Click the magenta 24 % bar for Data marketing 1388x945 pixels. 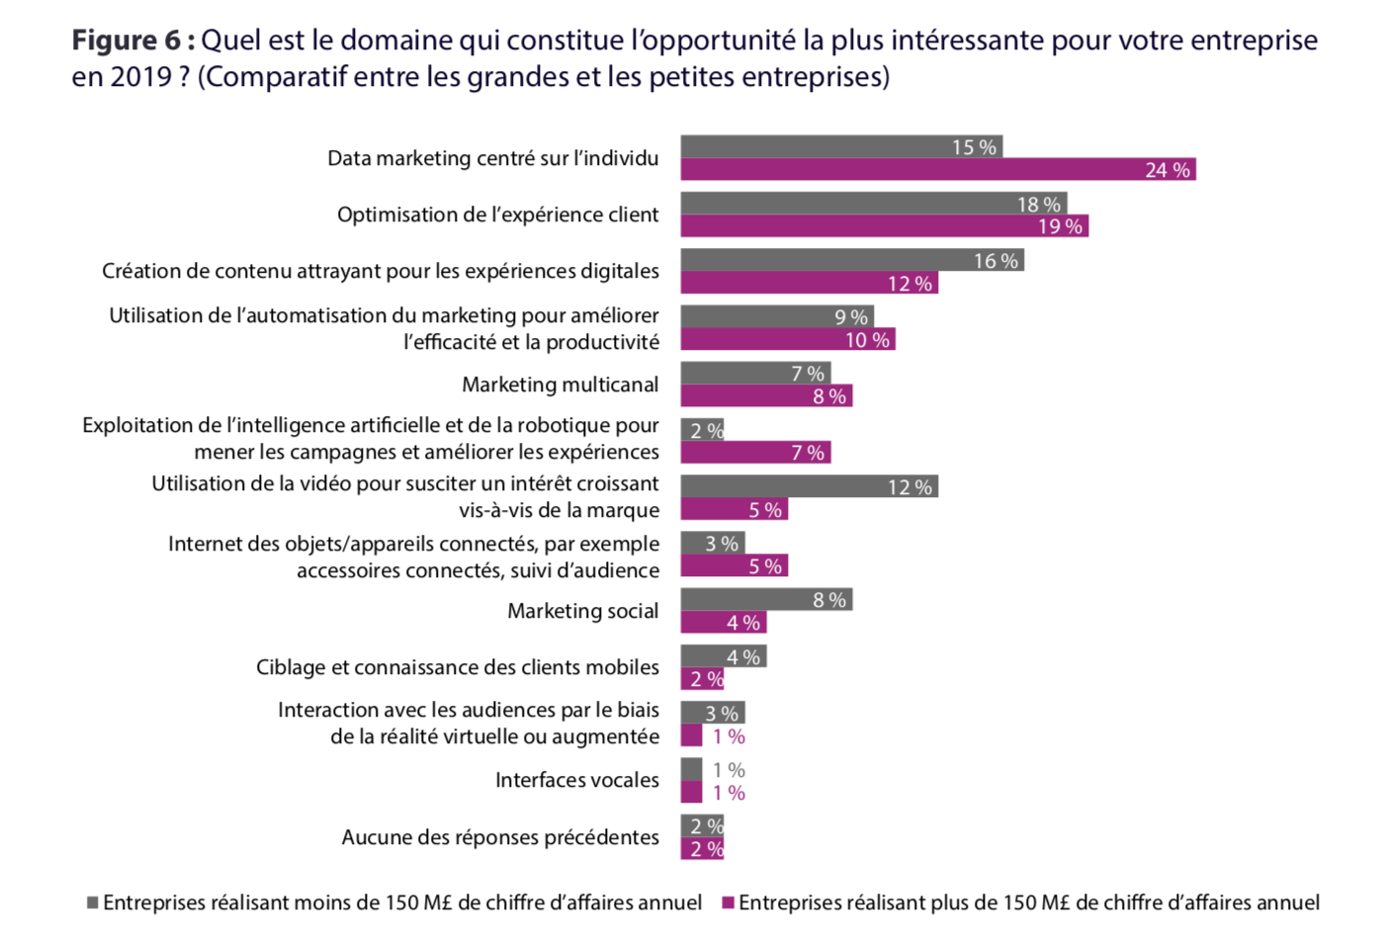click(937, 170)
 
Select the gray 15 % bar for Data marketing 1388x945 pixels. click(841, 146)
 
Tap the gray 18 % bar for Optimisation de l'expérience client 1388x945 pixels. click(873, 204)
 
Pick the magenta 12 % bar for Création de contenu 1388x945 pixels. click(809, 284)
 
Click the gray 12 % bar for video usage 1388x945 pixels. click(809, 486)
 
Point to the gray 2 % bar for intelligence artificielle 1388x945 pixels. click(702, 430)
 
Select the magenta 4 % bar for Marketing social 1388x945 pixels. click(723, 623)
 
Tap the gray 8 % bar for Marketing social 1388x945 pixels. click(766, 599)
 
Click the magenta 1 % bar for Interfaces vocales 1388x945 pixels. click(691, 793)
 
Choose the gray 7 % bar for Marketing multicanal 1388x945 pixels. click(755, 373)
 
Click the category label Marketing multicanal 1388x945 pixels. click(560, 385)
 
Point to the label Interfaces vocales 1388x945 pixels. click(576, 780)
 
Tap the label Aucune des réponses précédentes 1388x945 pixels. click(499, 837)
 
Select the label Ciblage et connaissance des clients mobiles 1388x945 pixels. click(457, 667)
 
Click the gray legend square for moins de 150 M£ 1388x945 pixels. click(93, 902)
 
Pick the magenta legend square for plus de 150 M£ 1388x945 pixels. click(729, 902)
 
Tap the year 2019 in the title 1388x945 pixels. click(141, 77)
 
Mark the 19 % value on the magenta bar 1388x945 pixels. click(1060, 226)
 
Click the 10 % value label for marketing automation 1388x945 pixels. click(867, 340)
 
